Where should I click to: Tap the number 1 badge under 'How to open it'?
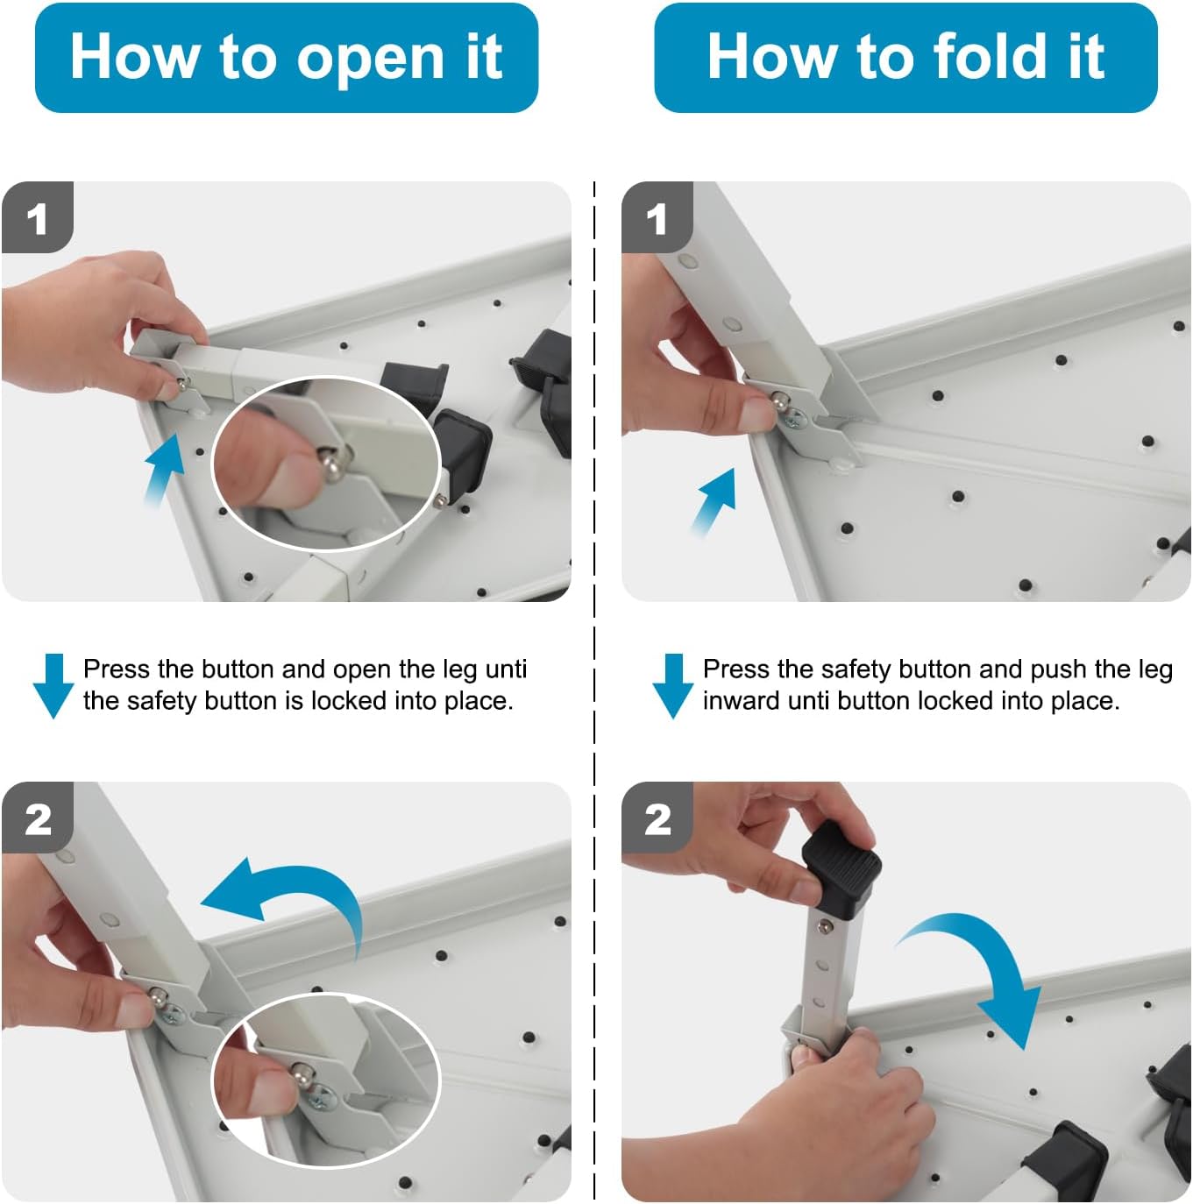[x=38, y=217]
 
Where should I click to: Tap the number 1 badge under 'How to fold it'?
[x=657, y=217]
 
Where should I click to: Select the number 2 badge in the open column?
[x=38, y=818]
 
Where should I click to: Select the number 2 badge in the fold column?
[x=657, y=818]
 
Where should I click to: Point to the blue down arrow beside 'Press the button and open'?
[x=53, y=685]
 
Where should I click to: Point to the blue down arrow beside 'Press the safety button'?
[x=672, y=685]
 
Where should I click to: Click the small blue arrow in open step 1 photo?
[x=165, y=469]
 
